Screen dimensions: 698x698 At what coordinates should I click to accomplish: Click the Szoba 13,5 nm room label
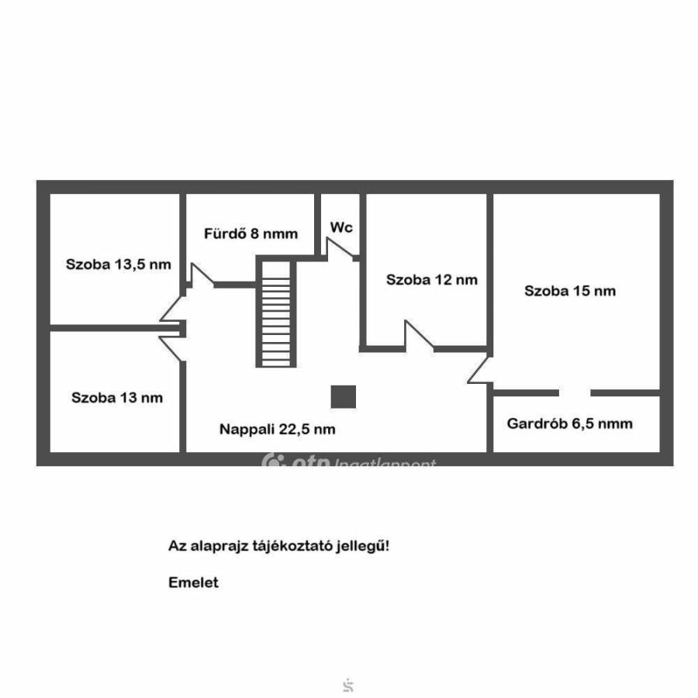pyautogui.click(x=118, y=264)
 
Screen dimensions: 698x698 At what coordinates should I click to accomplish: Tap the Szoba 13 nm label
pyautogui.click(x=117, y=398)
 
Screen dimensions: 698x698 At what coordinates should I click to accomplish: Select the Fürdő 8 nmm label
pyautogui.click(x=251, y=233)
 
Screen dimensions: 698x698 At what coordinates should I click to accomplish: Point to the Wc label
pyautogui.click(x=341, y=227)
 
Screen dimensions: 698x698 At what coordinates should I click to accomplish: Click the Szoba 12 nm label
pyautogui.click(x=432, y=280)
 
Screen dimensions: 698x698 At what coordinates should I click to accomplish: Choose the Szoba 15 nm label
pyautogui.click(x=570, y=291)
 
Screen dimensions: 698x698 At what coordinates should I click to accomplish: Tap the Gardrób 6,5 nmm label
pyautogui.click(x=569, y=423)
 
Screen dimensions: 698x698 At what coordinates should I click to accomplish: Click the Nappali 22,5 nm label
pyautogui.click(x=277, y=429)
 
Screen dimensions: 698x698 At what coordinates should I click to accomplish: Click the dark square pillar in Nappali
pyautogui.click(x=344, y=396)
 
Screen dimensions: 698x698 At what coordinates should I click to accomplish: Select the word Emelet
pyautogui.click(x=193, y=582)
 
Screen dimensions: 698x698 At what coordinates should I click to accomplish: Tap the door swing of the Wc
pyautogui.click(x=340, y=247)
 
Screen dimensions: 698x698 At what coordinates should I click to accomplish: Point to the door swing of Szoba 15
pyautogui.click(x=480, y=371)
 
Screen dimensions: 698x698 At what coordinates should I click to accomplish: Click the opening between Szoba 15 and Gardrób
pyautogui.click(x=574, y=392)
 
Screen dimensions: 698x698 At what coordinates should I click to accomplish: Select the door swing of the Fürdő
pyautogui.click(x=201, y=275)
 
